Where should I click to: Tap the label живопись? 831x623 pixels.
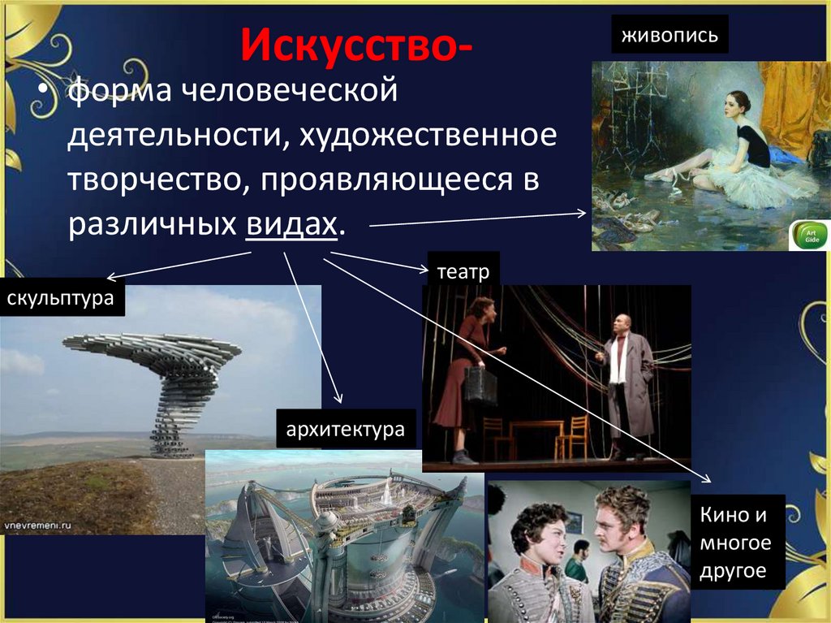pos(670,36)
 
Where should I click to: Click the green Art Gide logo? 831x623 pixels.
pos(809,236)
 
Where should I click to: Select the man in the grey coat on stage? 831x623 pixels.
pos(625,382)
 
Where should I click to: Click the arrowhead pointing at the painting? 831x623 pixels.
pos(581,213)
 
